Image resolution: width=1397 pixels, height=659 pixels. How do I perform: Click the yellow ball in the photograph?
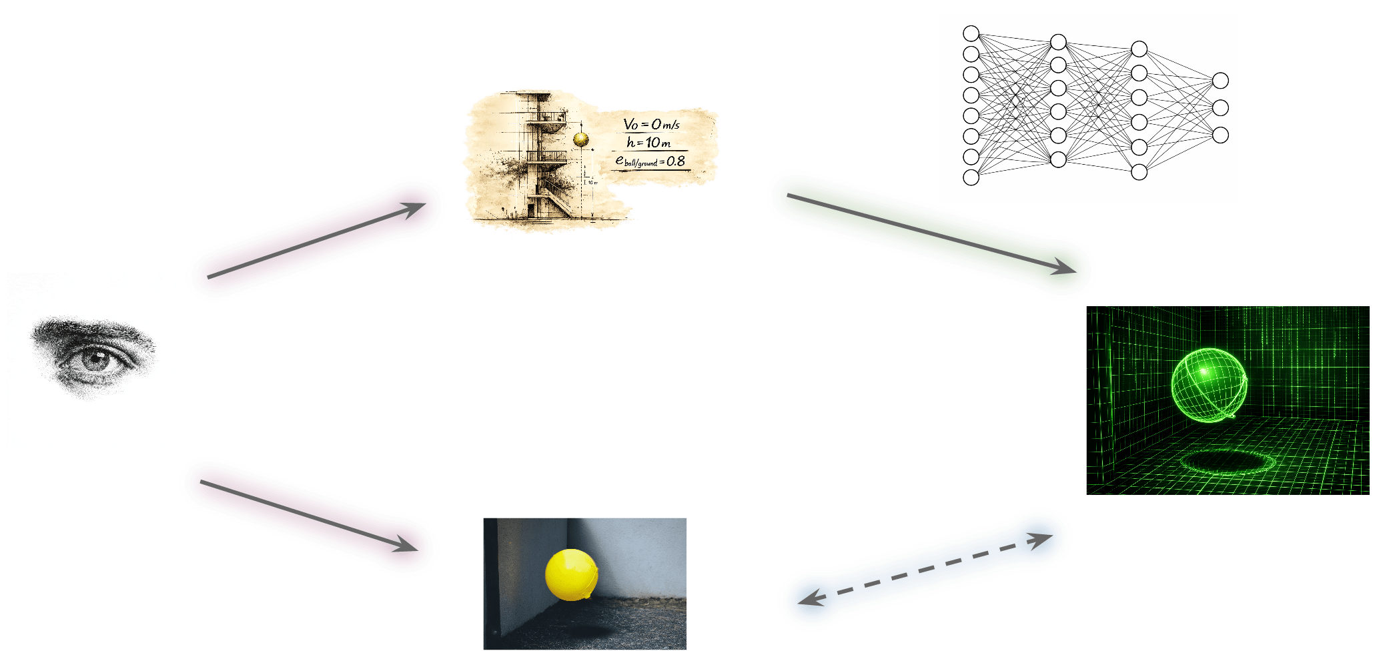[x=571, y=574]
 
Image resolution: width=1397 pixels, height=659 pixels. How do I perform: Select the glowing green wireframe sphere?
[x=1208, y=385]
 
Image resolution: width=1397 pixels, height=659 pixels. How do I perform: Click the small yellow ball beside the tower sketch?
[x=580, y=139]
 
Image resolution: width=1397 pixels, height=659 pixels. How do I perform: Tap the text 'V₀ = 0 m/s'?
[x=651, y=124]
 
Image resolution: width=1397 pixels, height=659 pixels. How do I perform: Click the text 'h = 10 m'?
[x=648, y=142]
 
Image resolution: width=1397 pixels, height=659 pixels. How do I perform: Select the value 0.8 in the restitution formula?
[x=675, y=161]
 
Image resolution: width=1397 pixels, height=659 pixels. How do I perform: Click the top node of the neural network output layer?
[x=1220, y=81]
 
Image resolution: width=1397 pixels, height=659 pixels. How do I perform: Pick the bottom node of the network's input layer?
[x=971, y=177]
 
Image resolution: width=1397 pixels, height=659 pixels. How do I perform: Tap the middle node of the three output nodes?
[x=1220, y=107]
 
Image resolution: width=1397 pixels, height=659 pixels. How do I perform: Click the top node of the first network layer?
[x=971, y=33]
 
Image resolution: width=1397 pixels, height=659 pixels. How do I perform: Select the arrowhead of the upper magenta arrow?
[x=414, y=209]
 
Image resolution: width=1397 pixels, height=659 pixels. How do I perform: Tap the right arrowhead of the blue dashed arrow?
[x=1041, y=538]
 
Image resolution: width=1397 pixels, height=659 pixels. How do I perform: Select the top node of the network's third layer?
[x=1139, y=49]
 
